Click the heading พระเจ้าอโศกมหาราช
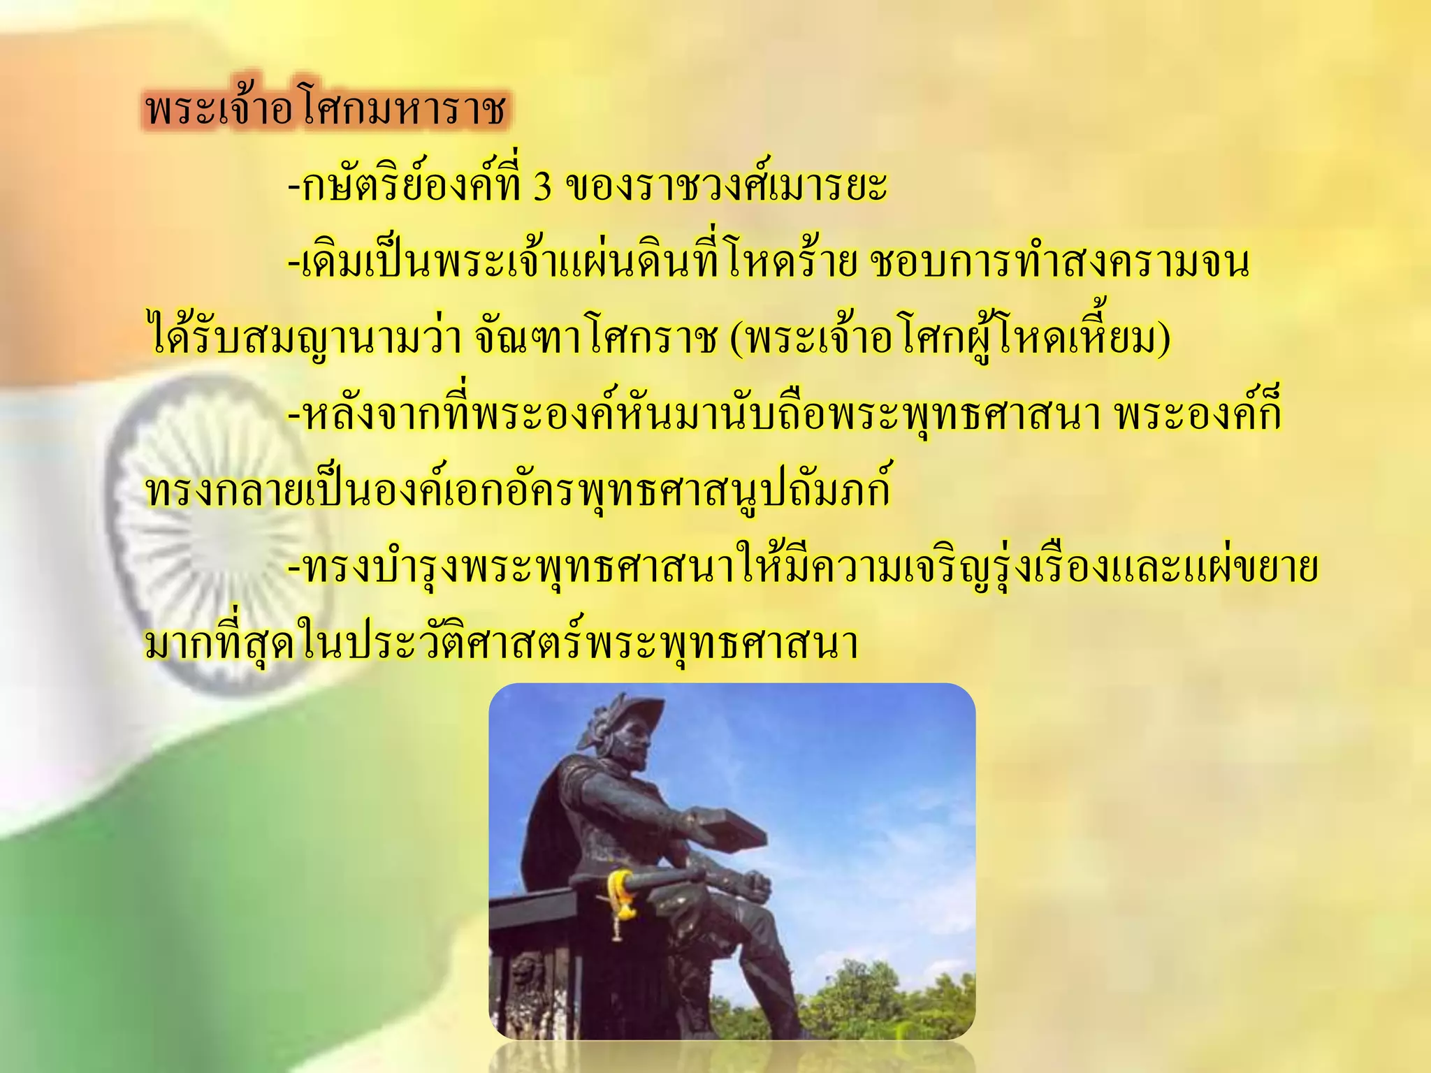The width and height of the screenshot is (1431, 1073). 326,111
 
